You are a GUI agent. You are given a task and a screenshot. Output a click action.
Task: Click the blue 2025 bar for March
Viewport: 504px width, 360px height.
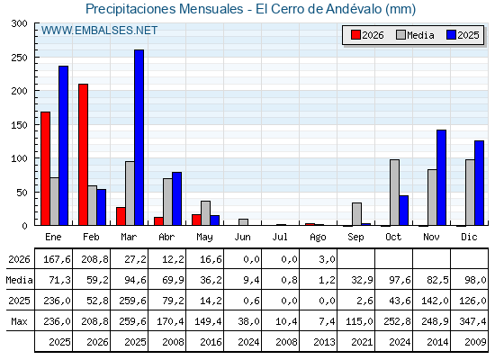pyautogui.click(x=139, y=138)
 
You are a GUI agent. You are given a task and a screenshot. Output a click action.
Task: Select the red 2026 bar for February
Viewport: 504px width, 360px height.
pyautogui.click(x=83, y=155)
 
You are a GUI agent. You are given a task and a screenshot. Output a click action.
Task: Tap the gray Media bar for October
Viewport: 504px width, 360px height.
pyautogui.click(x=395, y=193)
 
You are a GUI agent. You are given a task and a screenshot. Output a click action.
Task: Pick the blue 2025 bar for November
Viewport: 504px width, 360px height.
pyautogui.click(x=442, y=178)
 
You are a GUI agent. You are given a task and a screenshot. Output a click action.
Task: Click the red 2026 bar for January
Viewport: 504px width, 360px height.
pyautogui.click(x=45, y=169)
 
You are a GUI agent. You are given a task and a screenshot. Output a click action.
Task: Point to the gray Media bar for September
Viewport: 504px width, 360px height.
pyautogui.click(x=356, y=214)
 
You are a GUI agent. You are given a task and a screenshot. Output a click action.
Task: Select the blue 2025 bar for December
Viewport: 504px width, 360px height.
pyautogui.click(x=479, y=184)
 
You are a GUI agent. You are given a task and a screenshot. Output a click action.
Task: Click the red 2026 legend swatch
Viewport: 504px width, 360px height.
pyautogui.click(x=355, y=35)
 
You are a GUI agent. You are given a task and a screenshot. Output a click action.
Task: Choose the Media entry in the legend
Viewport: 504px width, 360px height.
pyautogui.click(x=415, y=35)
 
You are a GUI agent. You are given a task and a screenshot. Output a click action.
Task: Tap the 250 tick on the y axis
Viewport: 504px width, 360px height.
pyautogui.click(x=19, y=58)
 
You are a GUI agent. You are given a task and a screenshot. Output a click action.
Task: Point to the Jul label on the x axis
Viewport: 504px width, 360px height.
pyautogui.click(x=280, y=237)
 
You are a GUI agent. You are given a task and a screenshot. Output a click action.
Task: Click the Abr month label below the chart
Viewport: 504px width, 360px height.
pyautogui.click(x=166, y=237)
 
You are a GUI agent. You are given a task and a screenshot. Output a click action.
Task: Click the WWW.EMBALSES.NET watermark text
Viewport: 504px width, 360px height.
pyautogui.click(x=99, y=31)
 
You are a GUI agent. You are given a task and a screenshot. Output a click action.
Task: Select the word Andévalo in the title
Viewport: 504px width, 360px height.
pyautogui.click(x=354, y=9)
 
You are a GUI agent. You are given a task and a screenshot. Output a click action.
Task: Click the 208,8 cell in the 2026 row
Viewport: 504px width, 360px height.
pyautogui.click(x=94, y=259)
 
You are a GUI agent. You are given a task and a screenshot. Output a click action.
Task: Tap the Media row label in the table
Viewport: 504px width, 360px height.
pyautogui.click(x=19, y=280)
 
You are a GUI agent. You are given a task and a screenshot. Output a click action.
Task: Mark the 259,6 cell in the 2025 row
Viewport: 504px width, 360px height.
pyautogui.click(x=132, y=301)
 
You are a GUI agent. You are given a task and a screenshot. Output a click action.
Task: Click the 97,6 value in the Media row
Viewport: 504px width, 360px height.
pyautogui.click(x=400, y=280)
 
